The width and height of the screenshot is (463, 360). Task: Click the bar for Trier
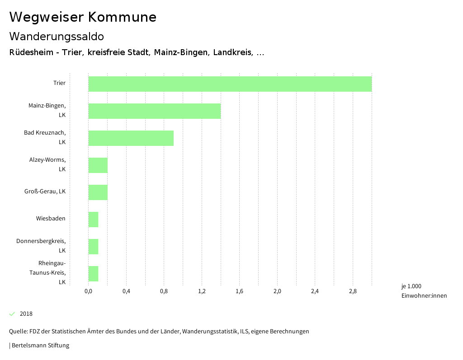coord(230,84)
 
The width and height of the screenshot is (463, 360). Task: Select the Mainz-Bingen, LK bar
coord(154,111)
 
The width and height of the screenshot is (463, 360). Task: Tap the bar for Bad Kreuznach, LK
coord(131,138)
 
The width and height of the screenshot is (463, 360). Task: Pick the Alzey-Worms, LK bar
coord(98,165)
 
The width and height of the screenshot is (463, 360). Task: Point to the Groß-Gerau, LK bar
coord(98,192)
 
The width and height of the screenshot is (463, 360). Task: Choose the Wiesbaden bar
coord(93,220)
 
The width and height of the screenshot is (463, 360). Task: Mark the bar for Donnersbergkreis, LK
coord(93,247)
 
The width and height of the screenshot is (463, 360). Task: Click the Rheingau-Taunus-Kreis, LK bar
coord(93,274)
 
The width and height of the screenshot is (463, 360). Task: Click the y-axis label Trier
coord(59,83)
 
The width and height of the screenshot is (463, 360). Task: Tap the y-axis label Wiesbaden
coord(51,219)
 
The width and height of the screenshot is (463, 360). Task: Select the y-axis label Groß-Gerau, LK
coord(45,192)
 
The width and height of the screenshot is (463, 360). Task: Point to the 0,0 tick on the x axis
coord(88,291)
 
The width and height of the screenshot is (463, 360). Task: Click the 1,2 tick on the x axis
coord(202,291)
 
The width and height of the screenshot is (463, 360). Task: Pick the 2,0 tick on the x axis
coord(277,291)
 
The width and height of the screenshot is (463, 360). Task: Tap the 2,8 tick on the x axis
coord(353,291)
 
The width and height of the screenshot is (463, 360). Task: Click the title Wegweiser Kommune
coord(83,17)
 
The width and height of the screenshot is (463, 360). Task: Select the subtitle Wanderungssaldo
coord(57,36)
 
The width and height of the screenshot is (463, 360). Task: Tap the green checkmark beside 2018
coord(12,314)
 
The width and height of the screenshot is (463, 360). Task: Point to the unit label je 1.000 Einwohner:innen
coord(424,291)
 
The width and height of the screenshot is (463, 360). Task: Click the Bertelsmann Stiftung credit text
coord(39,346)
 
